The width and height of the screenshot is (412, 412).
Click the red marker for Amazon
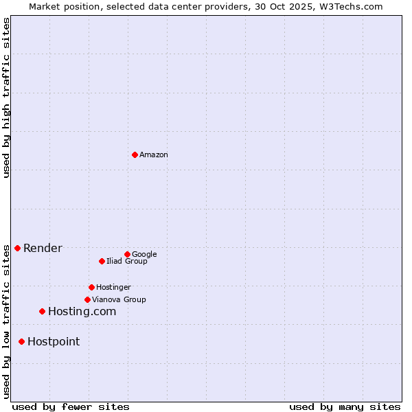[135, 154]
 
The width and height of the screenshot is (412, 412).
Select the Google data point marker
[127, 254]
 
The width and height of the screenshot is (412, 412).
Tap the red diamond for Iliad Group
[102, 261]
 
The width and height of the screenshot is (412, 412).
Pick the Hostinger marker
[91, 287]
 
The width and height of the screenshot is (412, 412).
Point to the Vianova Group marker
[87, 299]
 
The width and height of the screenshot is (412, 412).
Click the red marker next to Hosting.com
[42, 311]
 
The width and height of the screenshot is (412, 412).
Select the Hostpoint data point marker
[21, 341]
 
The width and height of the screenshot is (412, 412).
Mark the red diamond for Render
[17, 248]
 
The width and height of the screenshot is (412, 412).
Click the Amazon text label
[154, 155]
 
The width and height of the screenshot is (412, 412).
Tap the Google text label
[144, 254]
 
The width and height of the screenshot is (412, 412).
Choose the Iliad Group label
[126, 261]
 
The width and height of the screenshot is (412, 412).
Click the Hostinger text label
[113, 287]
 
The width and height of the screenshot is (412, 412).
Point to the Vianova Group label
[119, 299]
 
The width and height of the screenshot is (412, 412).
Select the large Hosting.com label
[82, 312]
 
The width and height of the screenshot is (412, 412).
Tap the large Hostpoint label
[54, 342]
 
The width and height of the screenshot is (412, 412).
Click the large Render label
[43, 249]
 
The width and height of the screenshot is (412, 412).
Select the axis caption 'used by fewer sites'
[71, 407]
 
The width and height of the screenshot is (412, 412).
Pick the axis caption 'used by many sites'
[345, 407]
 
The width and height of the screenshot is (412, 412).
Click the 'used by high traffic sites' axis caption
[6, 98]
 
